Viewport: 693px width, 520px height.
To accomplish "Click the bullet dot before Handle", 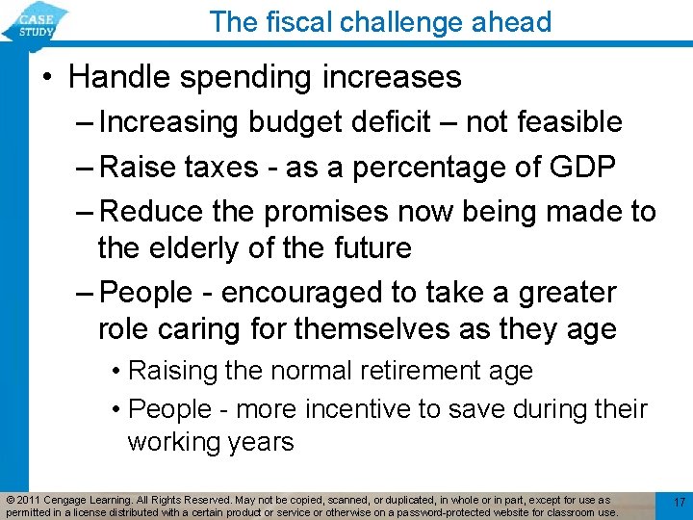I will tap(48, 76).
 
